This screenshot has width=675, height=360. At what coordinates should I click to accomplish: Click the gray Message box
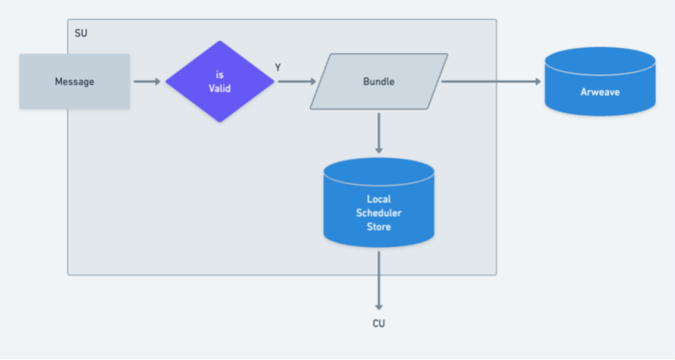click(x=74, y=82)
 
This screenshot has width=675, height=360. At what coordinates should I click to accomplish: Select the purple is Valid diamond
click(x=219, y=82)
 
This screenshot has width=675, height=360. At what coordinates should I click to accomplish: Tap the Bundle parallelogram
click(x=378, y=82)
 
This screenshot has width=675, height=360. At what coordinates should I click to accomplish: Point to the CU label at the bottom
click(x=378, y=323)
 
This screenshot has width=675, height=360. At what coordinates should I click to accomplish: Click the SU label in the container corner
click(x=81, y=34)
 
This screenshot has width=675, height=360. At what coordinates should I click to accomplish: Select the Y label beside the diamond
click(x=278, y=67)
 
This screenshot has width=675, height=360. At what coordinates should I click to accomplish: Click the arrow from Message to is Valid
click(x=147, y=82)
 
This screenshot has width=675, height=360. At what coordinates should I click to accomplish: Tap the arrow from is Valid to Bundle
click(x=295, y=82)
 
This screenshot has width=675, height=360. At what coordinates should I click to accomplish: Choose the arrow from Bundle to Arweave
click(x=492, y=82)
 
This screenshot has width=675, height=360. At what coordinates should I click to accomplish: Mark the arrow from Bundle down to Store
click(x=378, y=133)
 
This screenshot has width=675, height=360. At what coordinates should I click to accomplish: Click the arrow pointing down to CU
click(x=378, y=281)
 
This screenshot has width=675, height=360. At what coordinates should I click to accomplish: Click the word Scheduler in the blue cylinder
click(x=378, y=213)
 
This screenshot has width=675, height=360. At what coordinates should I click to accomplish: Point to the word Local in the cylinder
click(x=378, y=199)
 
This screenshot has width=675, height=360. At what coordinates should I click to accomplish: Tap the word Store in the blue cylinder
click(x=378, y=227)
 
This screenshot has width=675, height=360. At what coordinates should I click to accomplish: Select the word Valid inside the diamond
click(x=219, y=88)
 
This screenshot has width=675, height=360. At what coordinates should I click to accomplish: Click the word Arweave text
click(x=600, y=92)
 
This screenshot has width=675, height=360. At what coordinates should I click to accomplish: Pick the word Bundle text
click(x=378, y=82)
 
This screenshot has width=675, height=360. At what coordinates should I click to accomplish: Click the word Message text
click(x=74, y=82)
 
